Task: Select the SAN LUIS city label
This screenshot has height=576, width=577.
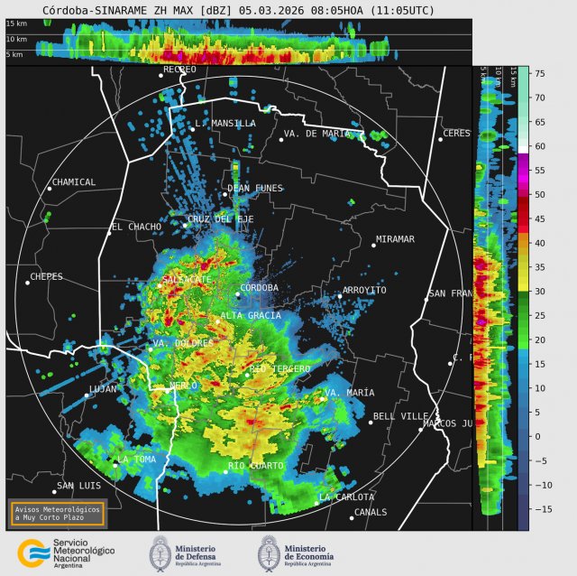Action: [78, 487]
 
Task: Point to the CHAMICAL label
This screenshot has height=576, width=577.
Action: [75, 182]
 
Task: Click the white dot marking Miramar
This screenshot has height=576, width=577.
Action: [374, 246]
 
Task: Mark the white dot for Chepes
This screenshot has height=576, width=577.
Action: [28, 283]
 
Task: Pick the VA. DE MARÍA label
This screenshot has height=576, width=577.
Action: [316, 134]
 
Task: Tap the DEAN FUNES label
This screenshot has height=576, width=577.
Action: [255, 189]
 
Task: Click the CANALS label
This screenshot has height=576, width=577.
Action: [371, 512]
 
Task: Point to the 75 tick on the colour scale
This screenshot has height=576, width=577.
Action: [539, 73]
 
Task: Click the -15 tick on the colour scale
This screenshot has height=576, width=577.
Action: [539, 509]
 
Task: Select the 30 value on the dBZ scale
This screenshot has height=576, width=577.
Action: [539, 292]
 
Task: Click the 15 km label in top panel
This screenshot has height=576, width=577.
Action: [16, 24]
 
